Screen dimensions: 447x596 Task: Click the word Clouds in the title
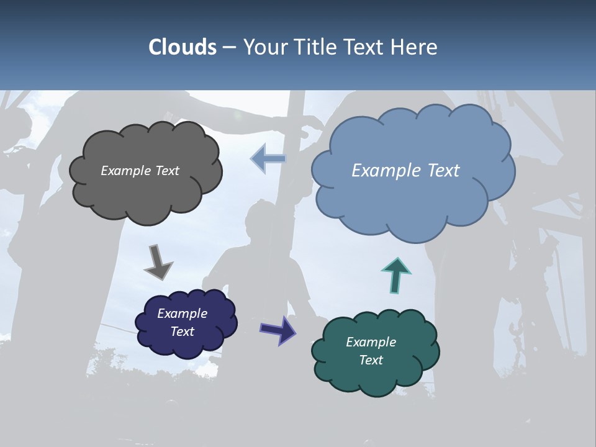183,47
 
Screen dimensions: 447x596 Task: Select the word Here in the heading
416,47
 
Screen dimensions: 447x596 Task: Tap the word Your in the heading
266,47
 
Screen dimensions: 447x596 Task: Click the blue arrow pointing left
268,159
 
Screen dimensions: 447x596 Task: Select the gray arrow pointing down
158,262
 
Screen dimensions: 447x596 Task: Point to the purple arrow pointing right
278,329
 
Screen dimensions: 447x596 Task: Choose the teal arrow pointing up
396,275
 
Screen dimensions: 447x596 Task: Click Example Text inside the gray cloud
140,171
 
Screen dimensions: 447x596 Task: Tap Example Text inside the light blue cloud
405,171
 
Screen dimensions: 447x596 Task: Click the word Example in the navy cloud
182,314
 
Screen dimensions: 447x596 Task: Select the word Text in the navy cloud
183,332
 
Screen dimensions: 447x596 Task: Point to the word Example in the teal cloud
371,342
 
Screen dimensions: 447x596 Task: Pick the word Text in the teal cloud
371,360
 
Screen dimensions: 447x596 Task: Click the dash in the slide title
228,47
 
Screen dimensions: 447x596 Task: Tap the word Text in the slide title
366,47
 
